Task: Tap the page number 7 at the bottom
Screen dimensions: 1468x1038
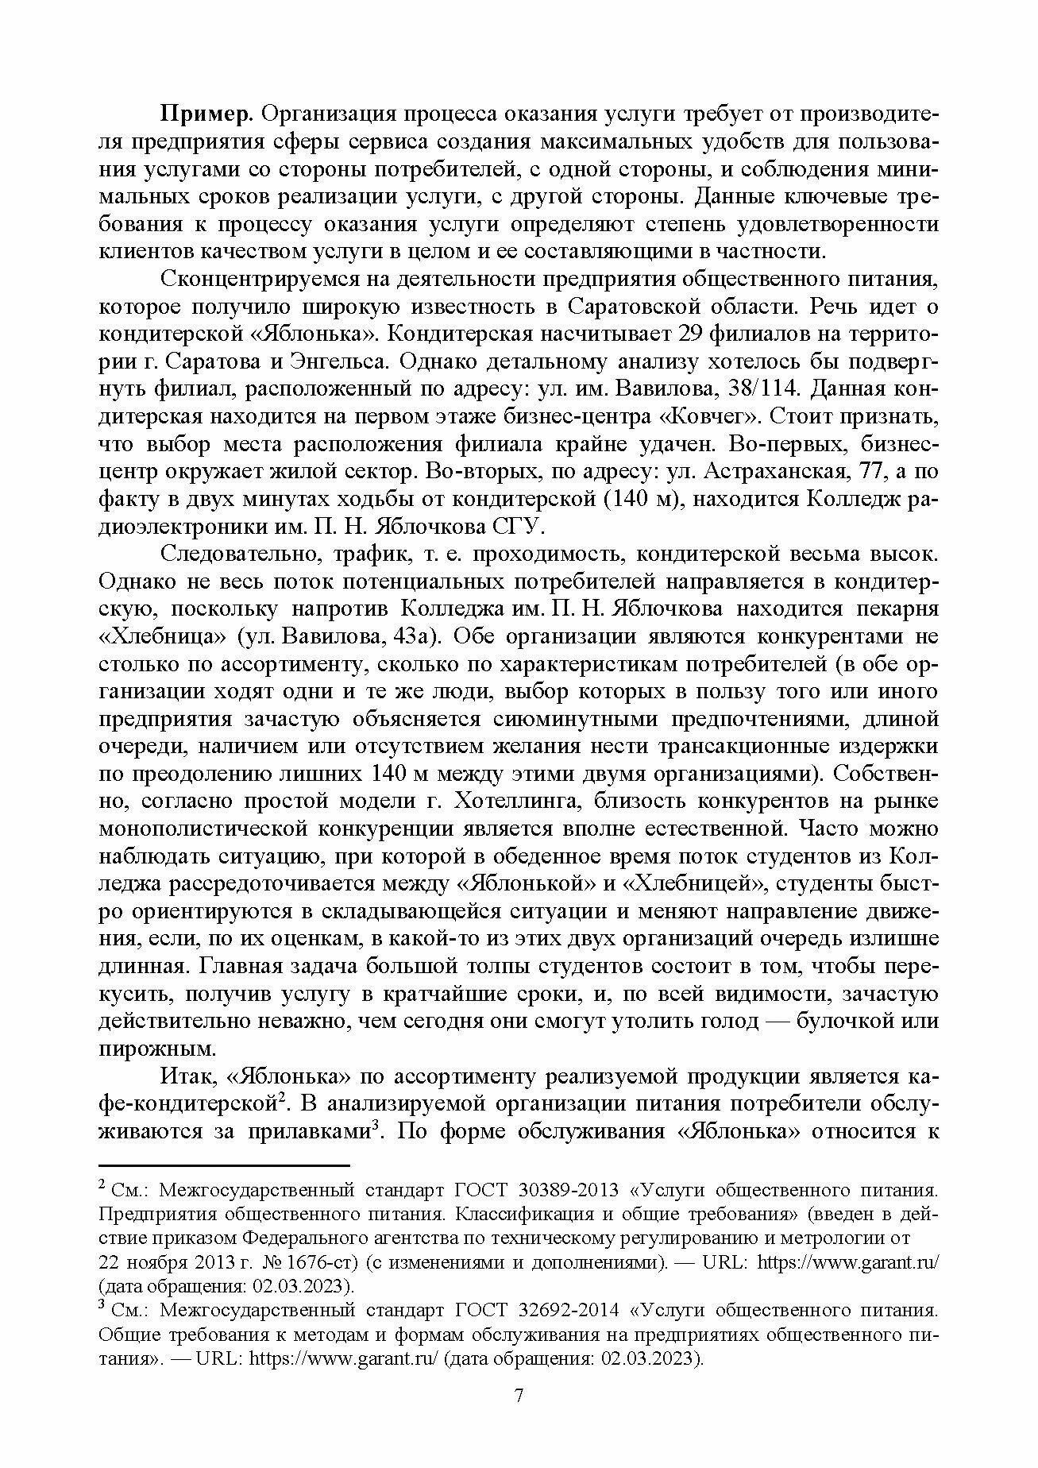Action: point(519,1418)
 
